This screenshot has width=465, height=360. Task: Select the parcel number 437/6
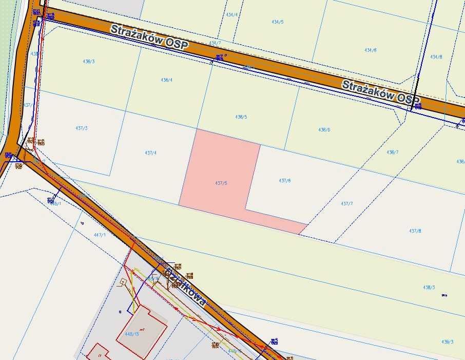285,180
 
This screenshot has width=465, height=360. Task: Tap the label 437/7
347,204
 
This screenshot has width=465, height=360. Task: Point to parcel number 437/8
415,231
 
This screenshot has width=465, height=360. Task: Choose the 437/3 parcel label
82,128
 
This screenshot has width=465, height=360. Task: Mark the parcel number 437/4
151,153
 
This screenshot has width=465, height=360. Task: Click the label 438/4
166,80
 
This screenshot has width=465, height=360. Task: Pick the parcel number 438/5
241,117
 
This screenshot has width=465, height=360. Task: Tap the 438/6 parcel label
324,130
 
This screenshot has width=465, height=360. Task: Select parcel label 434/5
278,22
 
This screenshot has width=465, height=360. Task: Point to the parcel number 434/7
215,43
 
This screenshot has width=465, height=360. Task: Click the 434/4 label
232,15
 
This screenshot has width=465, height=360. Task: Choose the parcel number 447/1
100,235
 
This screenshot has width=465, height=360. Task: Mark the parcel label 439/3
447,342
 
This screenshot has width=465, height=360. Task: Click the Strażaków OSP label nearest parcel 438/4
149,37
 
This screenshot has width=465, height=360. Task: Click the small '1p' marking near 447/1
82,223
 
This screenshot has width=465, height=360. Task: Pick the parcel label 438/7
393,152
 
